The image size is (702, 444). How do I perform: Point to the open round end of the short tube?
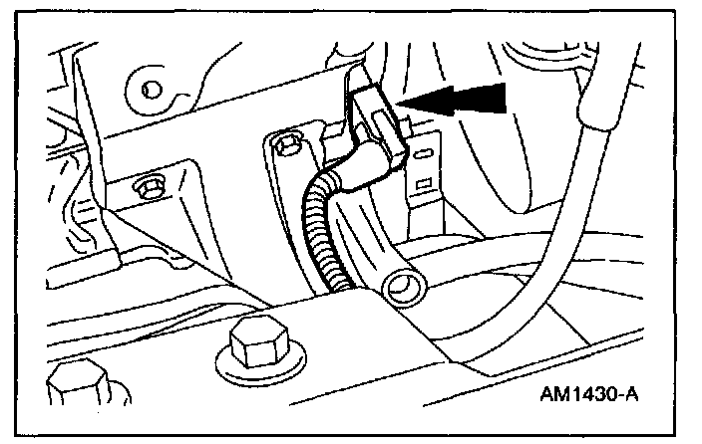pyautogui.click(x=401, y=290)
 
